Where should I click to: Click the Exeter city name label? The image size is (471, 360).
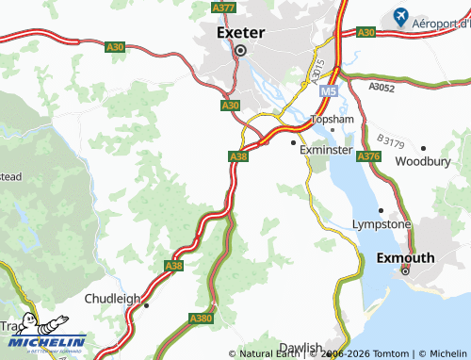coord(240,32)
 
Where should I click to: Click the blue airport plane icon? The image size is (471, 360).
coord(401,17)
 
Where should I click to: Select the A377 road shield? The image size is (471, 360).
coord(224,8)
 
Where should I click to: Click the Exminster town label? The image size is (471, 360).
coord(325,150)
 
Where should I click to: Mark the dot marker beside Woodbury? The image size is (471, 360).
coord(423,148)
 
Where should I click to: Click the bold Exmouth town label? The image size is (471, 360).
coord(405,257)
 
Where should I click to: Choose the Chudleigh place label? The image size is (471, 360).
coord(112,299)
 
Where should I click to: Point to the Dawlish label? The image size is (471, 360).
coord(300,348)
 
